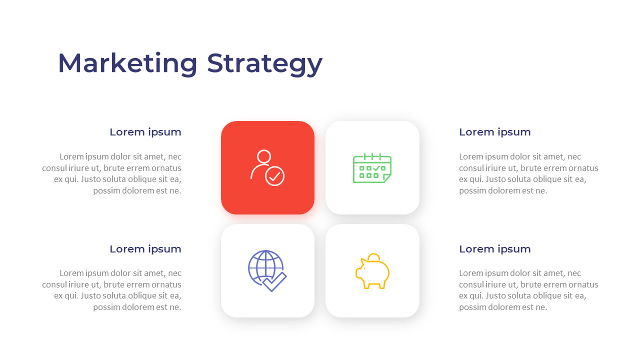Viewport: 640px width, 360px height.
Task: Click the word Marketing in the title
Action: [x=127, y=63]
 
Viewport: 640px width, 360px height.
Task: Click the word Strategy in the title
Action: [x=264, y=63]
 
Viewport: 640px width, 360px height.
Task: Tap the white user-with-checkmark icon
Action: [x=267, y=168]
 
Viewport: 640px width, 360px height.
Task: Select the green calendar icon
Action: [x=372, y=168]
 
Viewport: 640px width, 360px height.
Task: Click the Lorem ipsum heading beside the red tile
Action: [x=145, y=132]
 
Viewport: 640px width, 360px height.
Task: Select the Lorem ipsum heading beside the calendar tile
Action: [x=494, y=132]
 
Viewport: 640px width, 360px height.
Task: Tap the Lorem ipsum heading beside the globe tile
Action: [x=145, y=249]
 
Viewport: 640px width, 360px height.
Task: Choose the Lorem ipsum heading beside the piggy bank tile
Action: [x=494, y=249]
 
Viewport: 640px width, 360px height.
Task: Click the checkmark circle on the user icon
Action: [x=274, y=176]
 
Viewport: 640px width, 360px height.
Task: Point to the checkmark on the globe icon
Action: [x=275, y=281]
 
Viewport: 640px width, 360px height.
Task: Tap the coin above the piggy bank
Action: [x=373, y=257]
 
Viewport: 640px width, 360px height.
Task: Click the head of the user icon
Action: [x=263, y=156]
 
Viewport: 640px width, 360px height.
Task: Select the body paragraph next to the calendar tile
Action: [x=528, y=173]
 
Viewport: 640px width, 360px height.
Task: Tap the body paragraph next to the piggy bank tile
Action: [x=528, y=290]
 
